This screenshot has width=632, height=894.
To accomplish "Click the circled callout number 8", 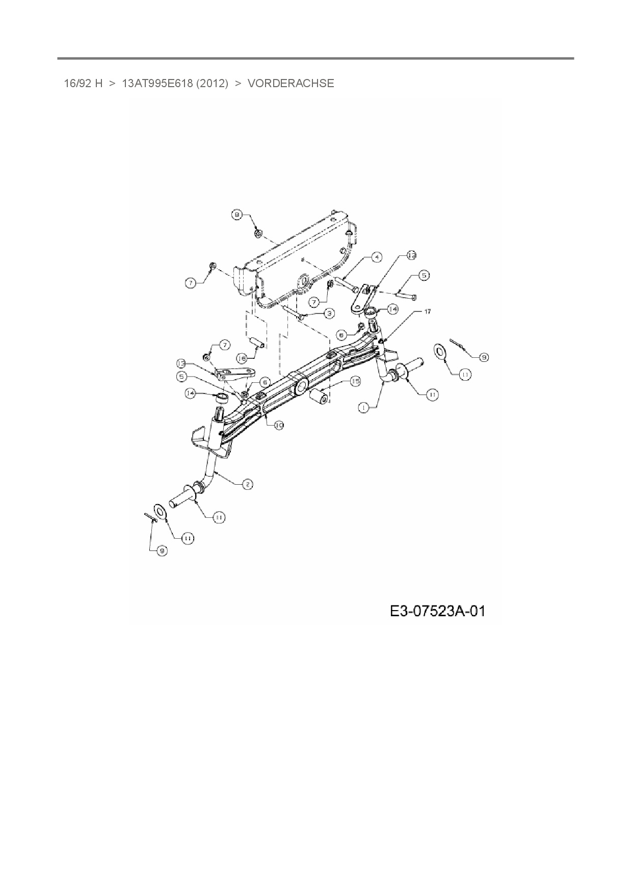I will (237, 215).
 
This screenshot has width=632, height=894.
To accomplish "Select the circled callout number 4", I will (376, 257).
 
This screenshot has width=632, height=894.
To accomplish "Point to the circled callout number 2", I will (247, 484).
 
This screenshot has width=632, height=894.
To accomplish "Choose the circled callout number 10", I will (279, 425).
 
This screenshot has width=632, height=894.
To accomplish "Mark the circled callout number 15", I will (355, 381).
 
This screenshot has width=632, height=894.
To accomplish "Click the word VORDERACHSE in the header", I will (291, 83).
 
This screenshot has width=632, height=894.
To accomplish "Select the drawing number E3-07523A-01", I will (437, 611).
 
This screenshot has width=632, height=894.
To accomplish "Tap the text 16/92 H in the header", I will (83, 83).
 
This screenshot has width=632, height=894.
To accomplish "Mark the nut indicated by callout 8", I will (258, 233).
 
